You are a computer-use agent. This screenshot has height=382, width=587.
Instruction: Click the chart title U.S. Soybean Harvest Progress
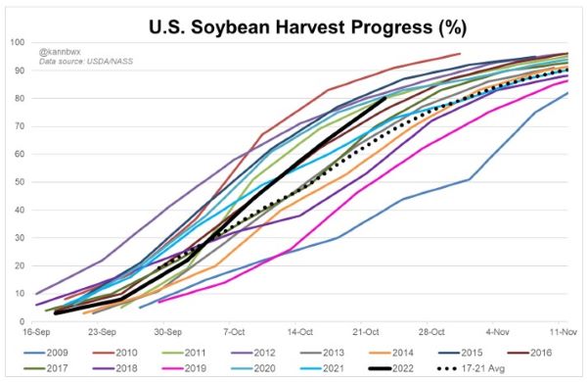[307, 27]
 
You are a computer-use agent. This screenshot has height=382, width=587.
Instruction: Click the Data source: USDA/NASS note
[86, 61]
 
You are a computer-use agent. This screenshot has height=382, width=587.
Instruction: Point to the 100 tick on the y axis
[18, 42]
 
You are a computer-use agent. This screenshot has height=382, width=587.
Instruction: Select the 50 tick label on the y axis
[20, 182]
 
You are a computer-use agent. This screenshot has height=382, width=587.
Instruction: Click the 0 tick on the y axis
[23, 321]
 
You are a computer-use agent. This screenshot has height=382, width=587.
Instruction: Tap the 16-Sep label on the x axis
[36, 332]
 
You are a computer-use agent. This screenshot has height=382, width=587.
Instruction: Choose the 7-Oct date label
[234, 332]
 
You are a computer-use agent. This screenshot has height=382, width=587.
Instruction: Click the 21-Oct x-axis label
[366, 332]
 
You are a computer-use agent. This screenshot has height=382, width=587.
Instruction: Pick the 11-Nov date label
[564, 332]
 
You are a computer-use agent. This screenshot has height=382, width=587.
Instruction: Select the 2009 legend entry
[46, 353]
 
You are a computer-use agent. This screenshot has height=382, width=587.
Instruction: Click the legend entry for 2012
[253, 353]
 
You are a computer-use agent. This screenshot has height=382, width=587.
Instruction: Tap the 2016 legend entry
[529, 353]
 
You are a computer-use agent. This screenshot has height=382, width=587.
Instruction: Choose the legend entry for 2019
[184, 368]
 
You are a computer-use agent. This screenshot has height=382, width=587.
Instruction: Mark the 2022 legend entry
[391, 368]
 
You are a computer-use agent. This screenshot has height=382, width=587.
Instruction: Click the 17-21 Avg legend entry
[471, 368]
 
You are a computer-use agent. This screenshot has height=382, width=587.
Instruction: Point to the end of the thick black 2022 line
[385, 98]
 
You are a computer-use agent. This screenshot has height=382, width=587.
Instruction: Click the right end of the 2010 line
[460, 53]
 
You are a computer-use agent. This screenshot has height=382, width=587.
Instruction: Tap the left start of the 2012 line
[36, 294]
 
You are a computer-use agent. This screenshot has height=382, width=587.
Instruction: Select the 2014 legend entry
[391, 353]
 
